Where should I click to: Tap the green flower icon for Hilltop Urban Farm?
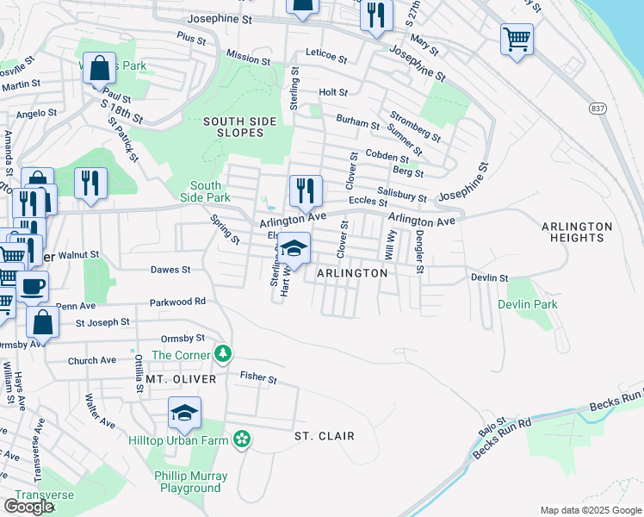click(243, 439)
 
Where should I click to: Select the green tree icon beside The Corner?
click(223, 353)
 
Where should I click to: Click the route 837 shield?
click(597, 109)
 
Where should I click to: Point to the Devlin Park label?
click(527, 304)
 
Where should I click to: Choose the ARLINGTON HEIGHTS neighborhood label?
click(577, 232)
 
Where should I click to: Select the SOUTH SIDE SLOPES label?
click(233, 127)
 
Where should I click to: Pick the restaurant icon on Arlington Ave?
click(305, 191)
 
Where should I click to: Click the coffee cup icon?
click(33, 286)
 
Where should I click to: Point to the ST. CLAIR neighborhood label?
click(324, 437)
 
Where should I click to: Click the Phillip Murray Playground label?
click(190, 482)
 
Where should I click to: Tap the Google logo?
click(28, 506)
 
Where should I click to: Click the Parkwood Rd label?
click(176, 302)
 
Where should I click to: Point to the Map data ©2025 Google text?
click(590, 510)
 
